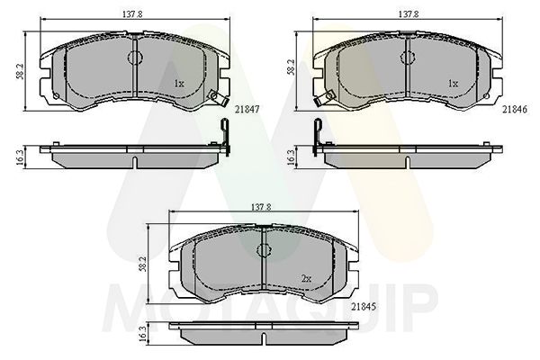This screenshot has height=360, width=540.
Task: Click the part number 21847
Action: click(247, 110)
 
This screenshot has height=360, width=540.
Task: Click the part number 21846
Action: click(515, 110)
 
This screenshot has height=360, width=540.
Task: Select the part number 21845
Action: click(364, 306)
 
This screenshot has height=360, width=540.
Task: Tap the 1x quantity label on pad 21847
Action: click(179, 84)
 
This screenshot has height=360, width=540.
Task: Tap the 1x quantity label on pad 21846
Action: click(453, 84)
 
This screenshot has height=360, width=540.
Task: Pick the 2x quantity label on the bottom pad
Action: click(306, 279)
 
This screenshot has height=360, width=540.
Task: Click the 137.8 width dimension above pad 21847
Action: click(132, 14)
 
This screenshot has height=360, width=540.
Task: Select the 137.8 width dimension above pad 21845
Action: click(261, 207)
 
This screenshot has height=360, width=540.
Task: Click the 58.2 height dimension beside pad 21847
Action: click(20, 70)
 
